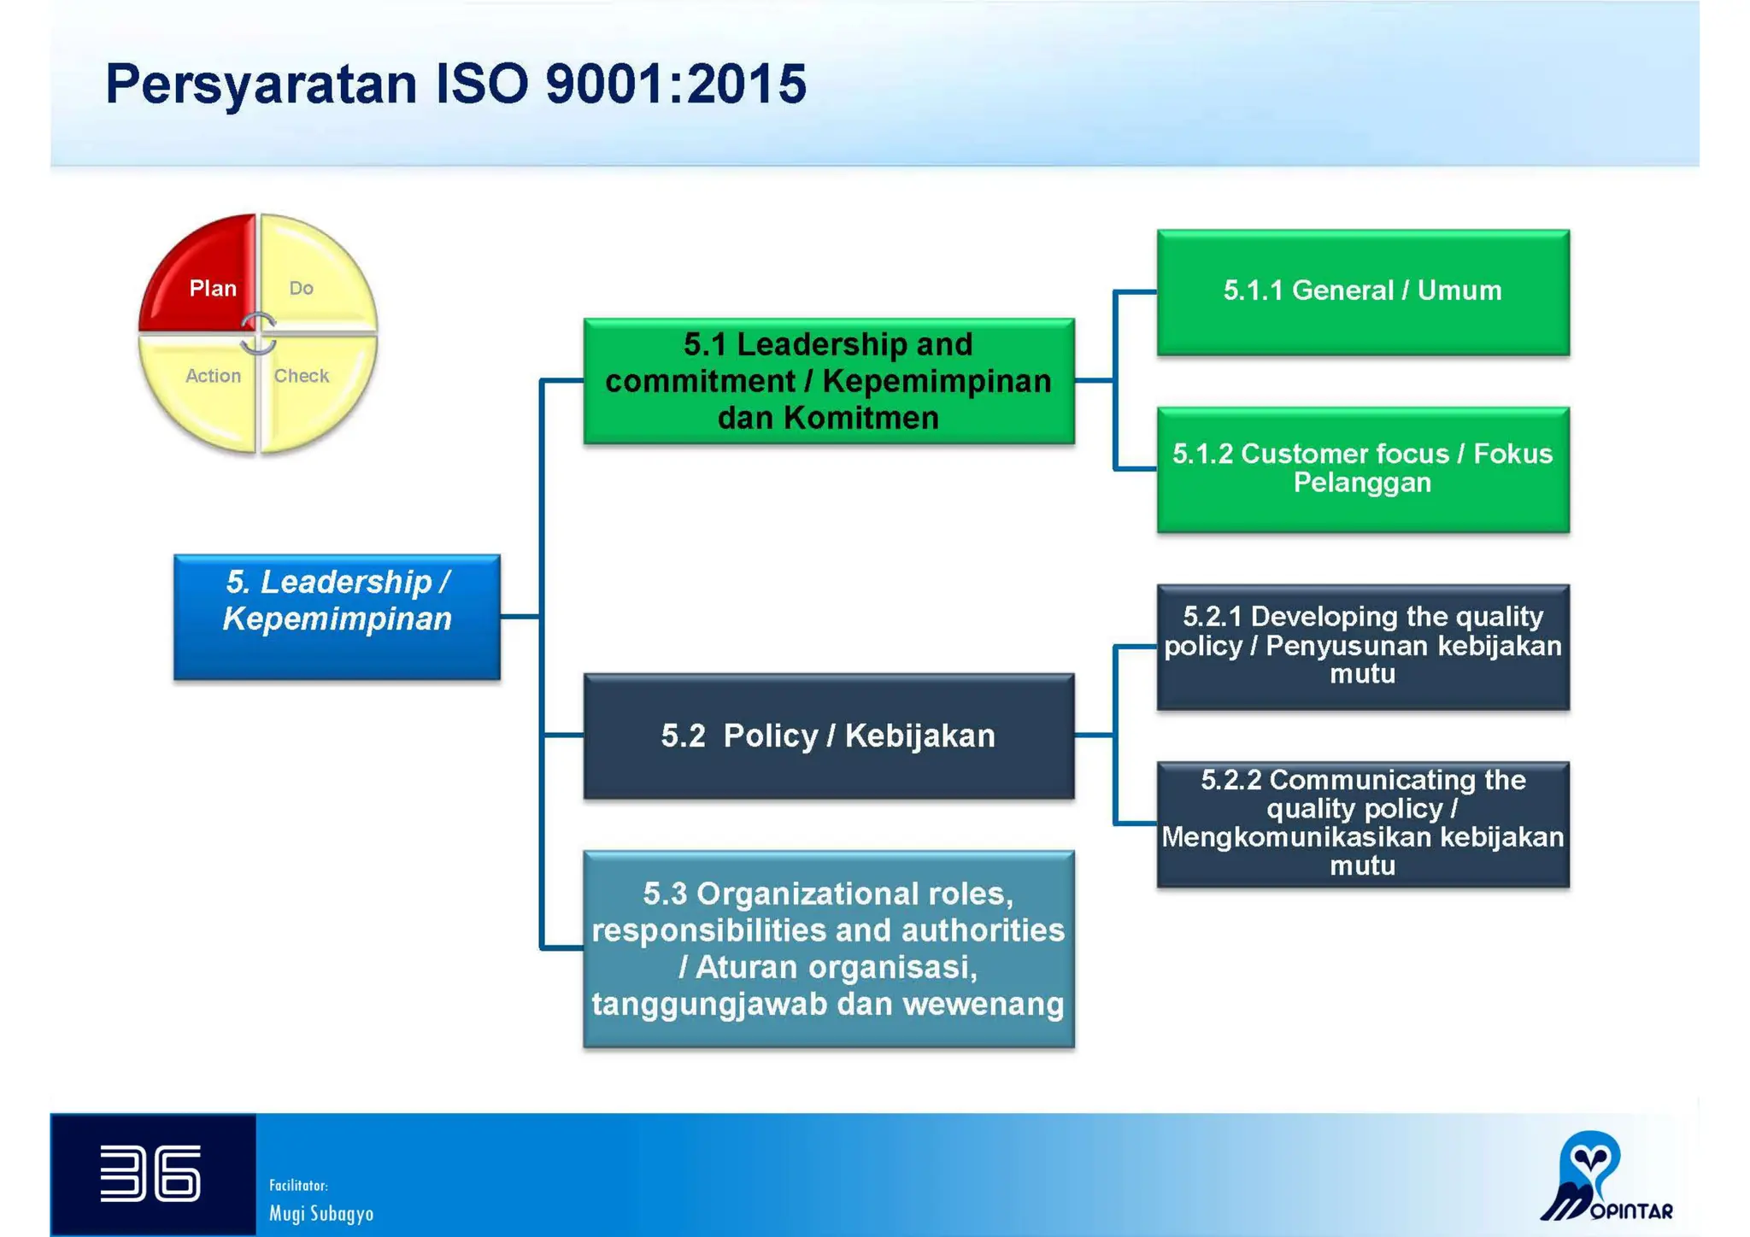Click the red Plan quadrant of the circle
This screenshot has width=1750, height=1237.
205,278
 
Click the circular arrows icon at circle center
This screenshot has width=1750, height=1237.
258,333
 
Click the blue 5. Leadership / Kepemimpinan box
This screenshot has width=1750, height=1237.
337,617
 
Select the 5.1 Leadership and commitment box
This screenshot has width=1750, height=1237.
828,381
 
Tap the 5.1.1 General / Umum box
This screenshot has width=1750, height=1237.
1362,291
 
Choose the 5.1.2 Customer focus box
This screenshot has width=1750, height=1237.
1362,469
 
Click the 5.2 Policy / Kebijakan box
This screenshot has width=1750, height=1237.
828,736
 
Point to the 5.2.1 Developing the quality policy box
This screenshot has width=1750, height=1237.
1362,646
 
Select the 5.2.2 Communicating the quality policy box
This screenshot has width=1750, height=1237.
1362,824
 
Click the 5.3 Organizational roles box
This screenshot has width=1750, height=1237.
828,948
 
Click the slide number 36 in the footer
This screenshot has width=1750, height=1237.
150,1174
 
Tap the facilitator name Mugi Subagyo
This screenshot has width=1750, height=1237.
321,1214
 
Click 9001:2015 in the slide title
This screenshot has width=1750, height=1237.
675,84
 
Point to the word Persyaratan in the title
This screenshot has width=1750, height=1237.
261,84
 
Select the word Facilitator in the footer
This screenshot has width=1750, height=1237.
298,1185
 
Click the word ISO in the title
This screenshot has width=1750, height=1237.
483,84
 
